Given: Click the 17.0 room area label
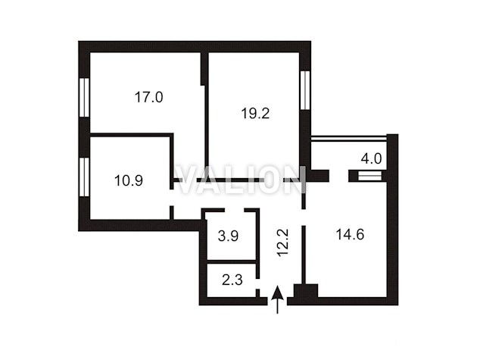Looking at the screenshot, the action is pyautogui.click(x=148, y=98).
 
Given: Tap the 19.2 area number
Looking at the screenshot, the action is pyautogui.click(x=255, y=114).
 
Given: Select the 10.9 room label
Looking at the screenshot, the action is pyautogui.click(x=129, y=180).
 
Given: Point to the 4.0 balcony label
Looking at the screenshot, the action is pyautogui.click(x=371, y=158).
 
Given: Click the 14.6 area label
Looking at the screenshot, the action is pyautogui.click(x=350, y=235).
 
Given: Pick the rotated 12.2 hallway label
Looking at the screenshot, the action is pyautogui.click(x=283, y=243).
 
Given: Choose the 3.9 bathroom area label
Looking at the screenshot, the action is pyautogui.click(x=228, y=236).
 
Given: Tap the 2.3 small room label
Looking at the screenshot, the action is pyautogui.click(x=232, y=280).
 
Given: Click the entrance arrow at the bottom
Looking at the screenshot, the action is pyautogui.click(x=277, y=299).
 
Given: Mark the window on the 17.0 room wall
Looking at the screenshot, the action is pyautogui.click(x=84, y=98).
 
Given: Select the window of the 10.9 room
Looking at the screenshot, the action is pyautogui.click(x=84, y=177).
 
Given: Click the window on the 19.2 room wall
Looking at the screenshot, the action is pyautogui.click(x=305, y=90).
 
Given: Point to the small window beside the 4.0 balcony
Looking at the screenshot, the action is pyautogui.click(x=369, y=176).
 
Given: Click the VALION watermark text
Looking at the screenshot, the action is pyautogui.click(x=241, y=180).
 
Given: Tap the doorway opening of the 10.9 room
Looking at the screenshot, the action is pyautogui.click(x=172, y=198).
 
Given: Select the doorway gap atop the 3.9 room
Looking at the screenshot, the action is pyautogui.click(x=235, y=210).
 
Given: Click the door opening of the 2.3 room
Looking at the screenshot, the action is pyautogui.click(x=257, y=284).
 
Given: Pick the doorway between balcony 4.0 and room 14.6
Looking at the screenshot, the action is pyautogui.click(x=338, y=176).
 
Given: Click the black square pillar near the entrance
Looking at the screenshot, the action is pyautogui.click(x=306, y=290).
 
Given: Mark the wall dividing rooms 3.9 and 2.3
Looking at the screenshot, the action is pyautogui.click(x=232, y=261).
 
